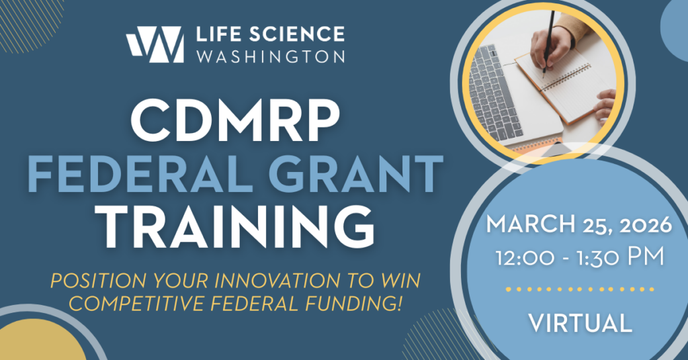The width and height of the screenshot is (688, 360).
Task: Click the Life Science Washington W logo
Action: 155,44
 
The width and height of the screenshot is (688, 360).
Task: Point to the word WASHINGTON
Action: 270,56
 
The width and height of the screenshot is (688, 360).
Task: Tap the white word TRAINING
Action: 238,227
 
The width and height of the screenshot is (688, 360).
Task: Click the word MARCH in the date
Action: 530,224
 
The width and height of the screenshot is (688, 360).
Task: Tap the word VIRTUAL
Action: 580,323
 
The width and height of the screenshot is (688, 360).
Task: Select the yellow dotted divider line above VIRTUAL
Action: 580,289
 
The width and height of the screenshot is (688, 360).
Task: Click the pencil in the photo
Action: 548,42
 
